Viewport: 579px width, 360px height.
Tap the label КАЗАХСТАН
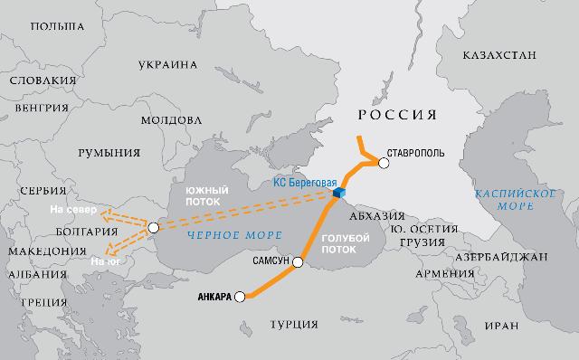pos(500,56)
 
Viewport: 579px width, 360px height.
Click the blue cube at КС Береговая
pos(338,193)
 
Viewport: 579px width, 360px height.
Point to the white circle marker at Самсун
pos(297,264)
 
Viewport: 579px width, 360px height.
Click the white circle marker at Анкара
pos(240,297)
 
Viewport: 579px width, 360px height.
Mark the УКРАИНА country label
pos(168,65)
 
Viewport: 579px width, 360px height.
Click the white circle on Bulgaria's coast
pos(153,227)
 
